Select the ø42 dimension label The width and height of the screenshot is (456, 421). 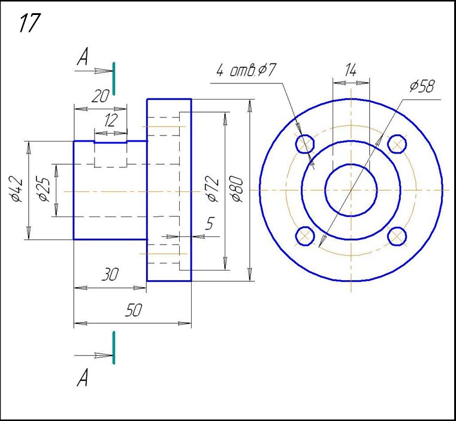(17, 190)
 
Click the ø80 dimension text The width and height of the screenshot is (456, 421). (237, 189)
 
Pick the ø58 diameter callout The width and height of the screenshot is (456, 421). (422, 86)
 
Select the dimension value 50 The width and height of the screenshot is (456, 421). (133, 310)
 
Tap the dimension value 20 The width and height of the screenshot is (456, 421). (100, 96)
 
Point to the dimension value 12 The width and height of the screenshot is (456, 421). (111, 121)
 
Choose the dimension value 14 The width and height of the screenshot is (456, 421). (350, 70)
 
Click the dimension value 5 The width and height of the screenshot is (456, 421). (209, 224)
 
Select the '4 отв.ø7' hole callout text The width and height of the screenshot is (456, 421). (245, 71)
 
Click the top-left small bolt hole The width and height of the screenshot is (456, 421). (306, 144)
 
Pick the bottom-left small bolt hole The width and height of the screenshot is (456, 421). (306, 236)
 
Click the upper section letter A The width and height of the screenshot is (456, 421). (83, 58)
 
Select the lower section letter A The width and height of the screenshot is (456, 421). (83, 378)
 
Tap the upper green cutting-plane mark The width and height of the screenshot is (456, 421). (114, 78)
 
